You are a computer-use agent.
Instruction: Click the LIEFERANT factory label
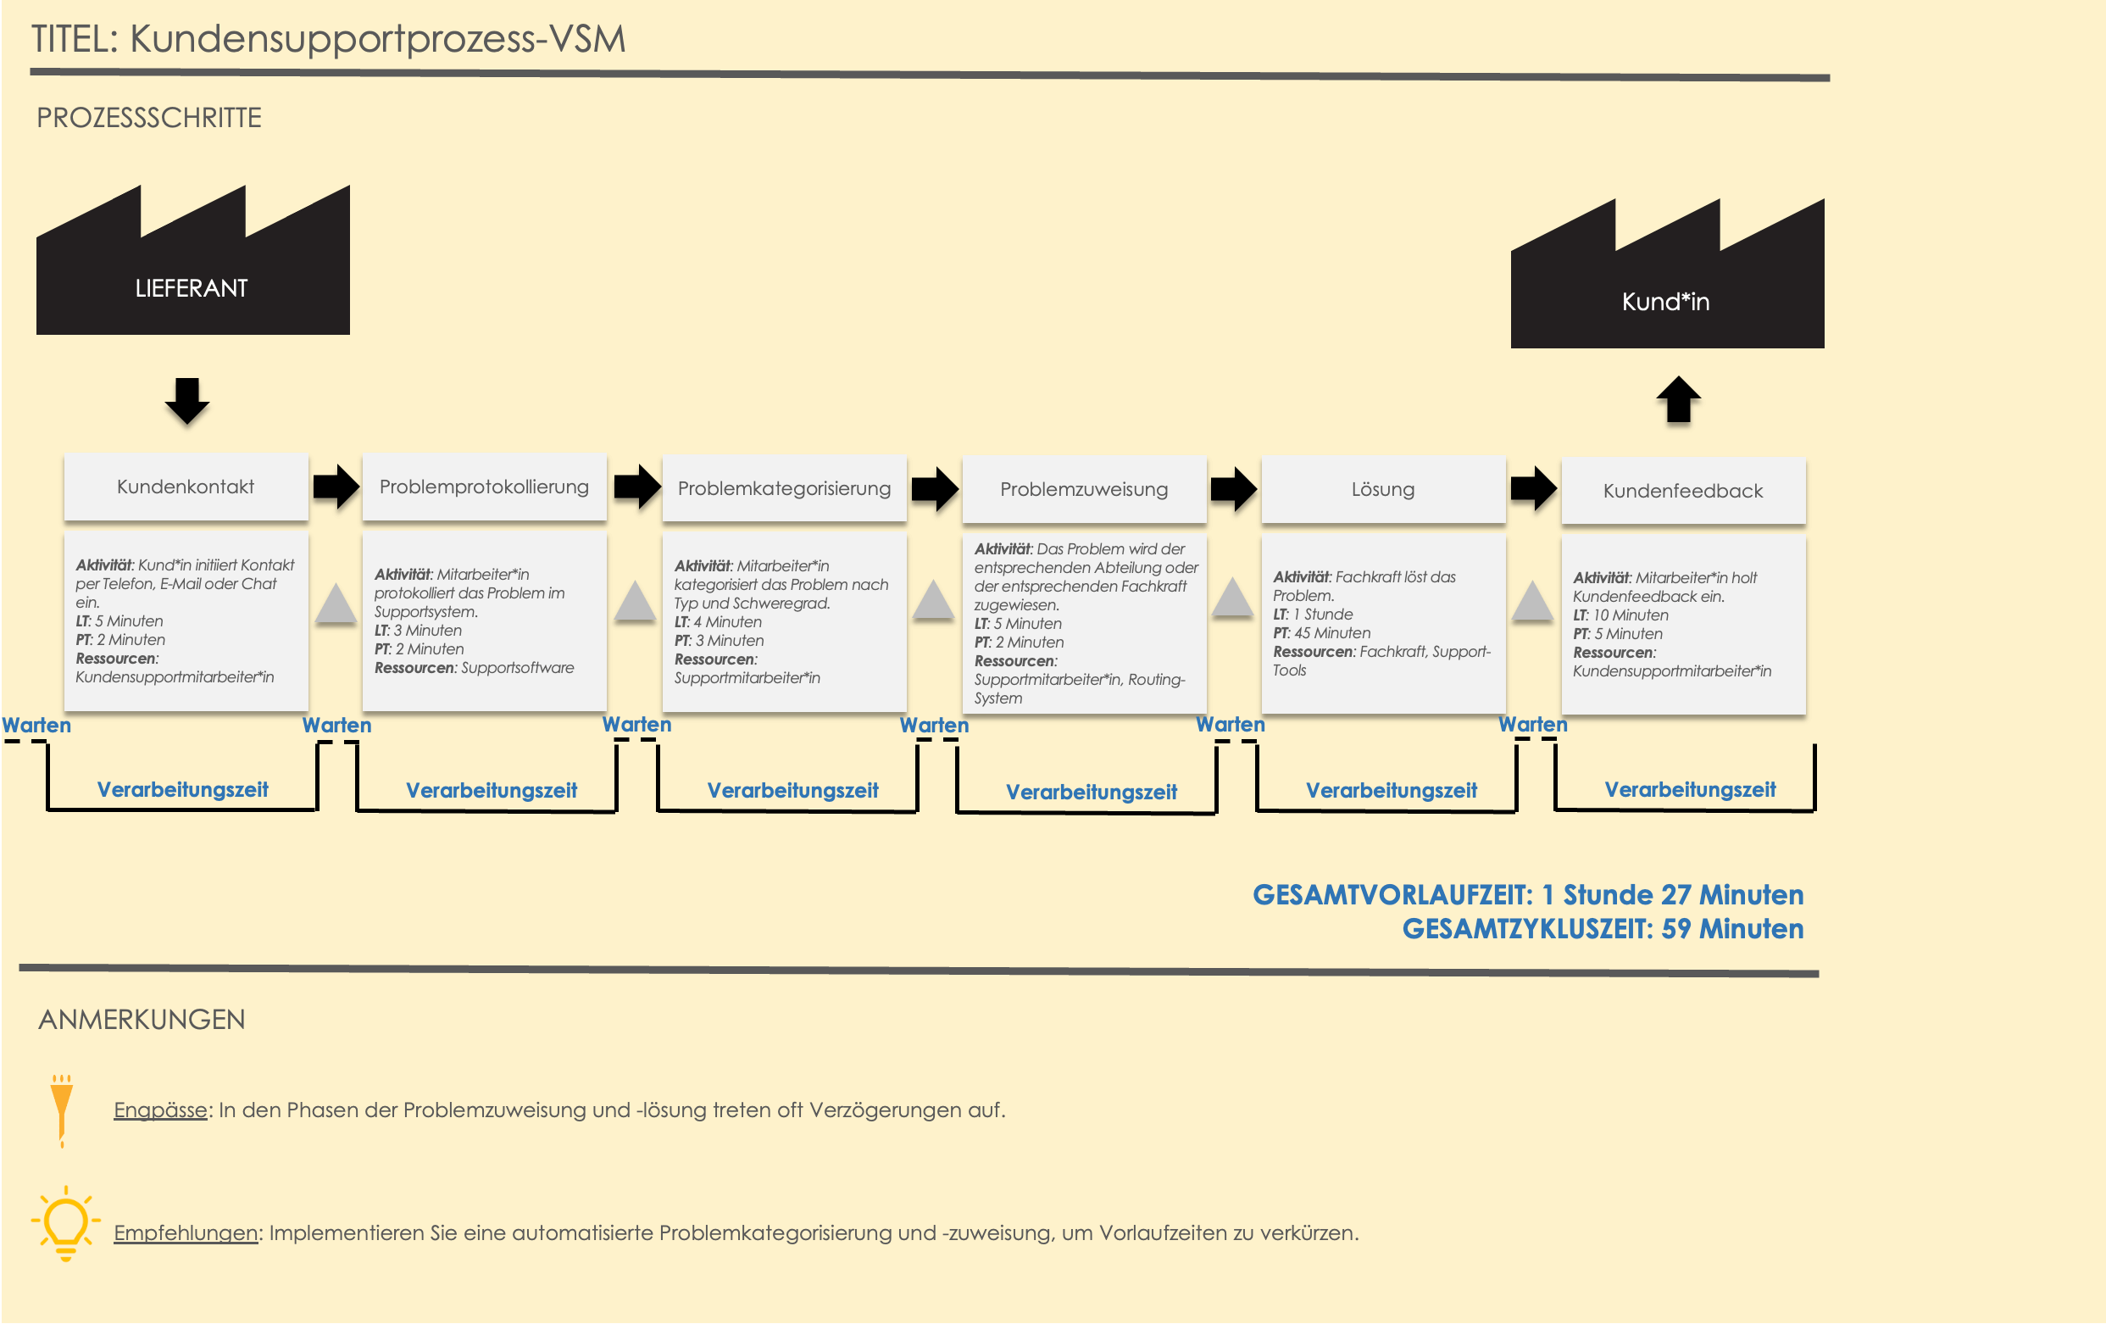[x=192, y=287]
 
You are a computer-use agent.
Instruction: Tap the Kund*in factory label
[x=1665, y=302]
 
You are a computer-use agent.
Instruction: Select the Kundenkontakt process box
[x=186, y=487]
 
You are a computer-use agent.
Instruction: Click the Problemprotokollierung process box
[x=484, y=487]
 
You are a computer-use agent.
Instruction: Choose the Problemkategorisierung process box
[x=784, y=489]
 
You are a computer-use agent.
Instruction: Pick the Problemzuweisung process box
[x=1084, y=490]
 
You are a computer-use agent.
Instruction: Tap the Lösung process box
[x=1383, y=490]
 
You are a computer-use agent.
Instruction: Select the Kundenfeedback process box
[x=1683, y=492]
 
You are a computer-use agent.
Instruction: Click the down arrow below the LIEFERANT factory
[x=187, y=402]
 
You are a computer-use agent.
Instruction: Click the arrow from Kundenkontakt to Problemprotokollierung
[x=336, y=487]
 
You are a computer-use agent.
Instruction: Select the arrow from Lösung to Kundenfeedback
[x=1533, y=488]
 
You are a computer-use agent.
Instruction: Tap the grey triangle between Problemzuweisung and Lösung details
[x=1232, y=598]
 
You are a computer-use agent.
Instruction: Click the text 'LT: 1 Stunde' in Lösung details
[x=1313, y=615]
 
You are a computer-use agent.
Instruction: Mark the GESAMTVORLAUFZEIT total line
[x=1527, y=894]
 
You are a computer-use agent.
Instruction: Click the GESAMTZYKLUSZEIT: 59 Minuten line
[x=1603, y=929]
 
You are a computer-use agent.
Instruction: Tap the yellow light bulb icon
[x=65, y=1222]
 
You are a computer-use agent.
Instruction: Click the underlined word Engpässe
[x=160, y=1110]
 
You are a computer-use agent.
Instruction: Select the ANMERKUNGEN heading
[x=142, y=1020]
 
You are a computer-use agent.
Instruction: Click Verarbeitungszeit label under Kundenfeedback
[x=1689, y=790]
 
